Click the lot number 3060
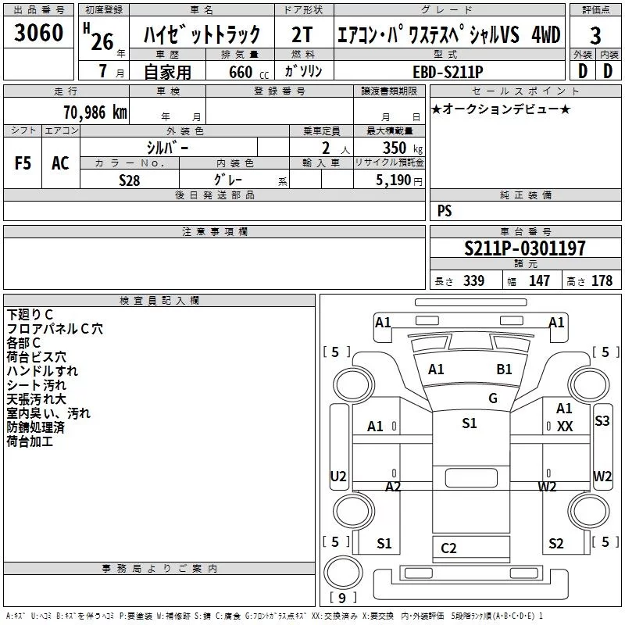[x=38, y=33]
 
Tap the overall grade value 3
[x=595, y=36]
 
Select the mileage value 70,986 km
[x=95, y=112]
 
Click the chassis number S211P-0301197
[x=525, y=248]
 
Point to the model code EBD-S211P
[x=448, y=72]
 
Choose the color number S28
[x=130, y=180]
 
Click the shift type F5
[x=23, y=163]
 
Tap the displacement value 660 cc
[x=248, y=72]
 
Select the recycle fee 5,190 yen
[x=399, y=180]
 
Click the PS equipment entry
[x=445, y=210]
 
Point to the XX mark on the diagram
[x=565, y=427]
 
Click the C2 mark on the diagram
[x=448, y=548]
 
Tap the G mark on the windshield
[x=493, y=398]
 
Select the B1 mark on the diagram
[x=504, y=369]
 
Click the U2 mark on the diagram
[x=338, y=477]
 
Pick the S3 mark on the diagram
[x=602, y=420]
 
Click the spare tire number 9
[x=342, y=598]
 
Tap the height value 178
[x=602, y=280]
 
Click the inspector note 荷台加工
[x=30, y=441]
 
